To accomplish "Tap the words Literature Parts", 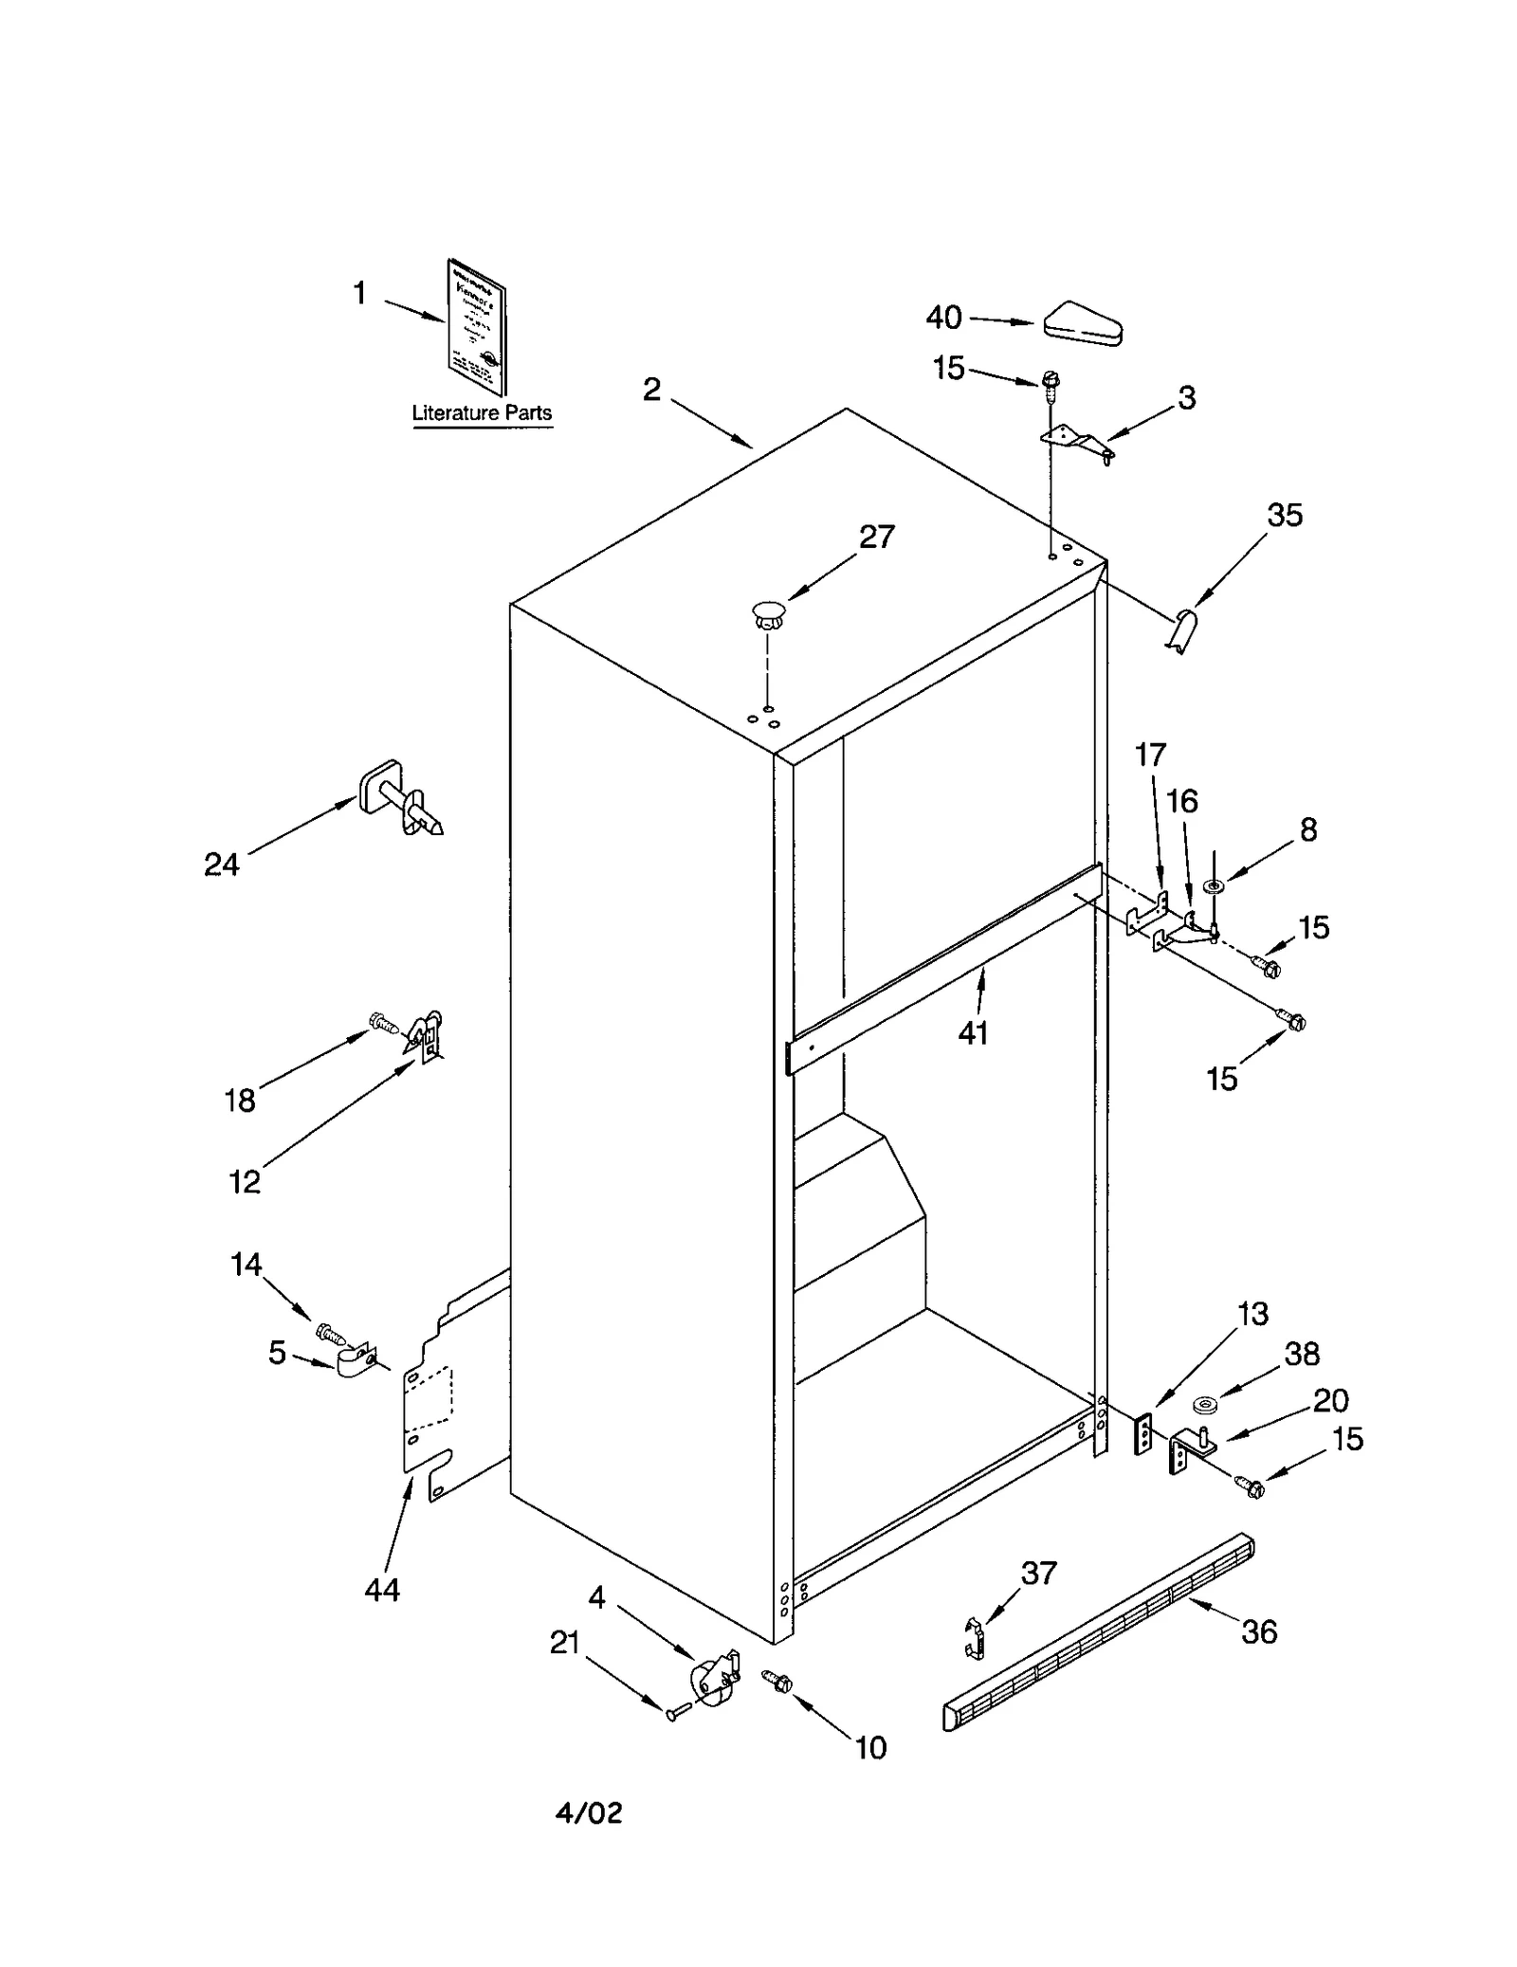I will pyautogui.click(x=482, y=413).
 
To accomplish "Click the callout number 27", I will pyautogui.click(x=877, y=537).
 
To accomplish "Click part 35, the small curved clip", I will pyautogui.click(x=1181, y=630).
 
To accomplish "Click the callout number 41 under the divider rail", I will pyautogui.click(x=974, y=1033).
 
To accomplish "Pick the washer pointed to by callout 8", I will pyautogui.click(x=1214, y=885).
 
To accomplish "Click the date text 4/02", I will pyautogui.click(x=589, y=1813).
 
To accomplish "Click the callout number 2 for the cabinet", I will pyautogui.click(x=651, y=390).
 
